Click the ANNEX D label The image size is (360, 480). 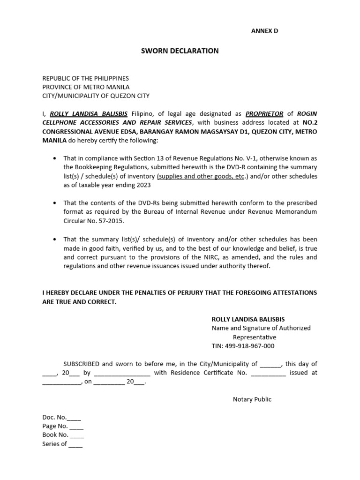tap(265, 31)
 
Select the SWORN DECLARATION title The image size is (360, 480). tap(180, 51)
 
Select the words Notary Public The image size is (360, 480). tap(252, 399)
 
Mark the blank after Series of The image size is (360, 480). tap(75, 444)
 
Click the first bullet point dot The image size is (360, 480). tap(55, 159)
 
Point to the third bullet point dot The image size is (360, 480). tap(55, 240)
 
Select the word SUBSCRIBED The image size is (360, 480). tap(81, 364)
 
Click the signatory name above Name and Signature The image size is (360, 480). tap(248, 319)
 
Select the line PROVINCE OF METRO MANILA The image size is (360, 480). tap(86, 87)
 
